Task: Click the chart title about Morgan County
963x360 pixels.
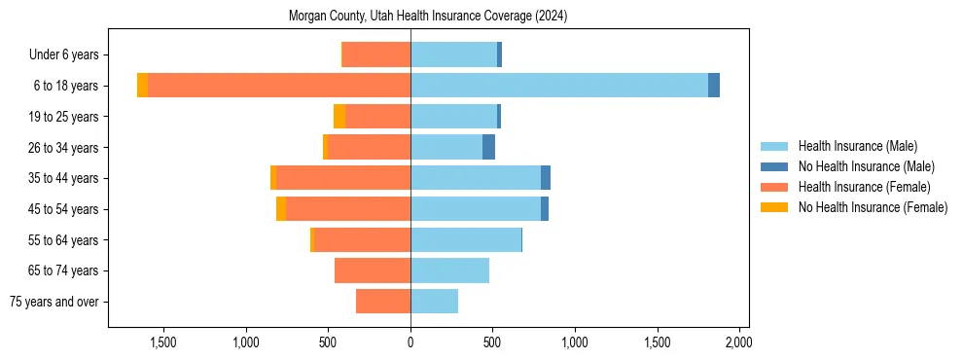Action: (428, 17)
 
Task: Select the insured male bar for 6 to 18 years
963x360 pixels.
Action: (559, 86)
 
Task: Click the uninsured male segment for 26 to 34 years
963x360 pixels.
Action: (488, 147)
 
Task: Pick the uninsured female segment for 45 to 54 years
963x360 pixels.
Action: (281, 209)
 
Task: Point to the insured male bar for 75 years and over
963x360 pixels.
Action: (434, 302)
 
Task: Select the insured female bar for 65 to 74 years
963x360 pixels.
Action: (373, 270)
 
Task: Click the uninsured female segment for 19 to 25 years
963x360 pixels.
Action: (339, 117)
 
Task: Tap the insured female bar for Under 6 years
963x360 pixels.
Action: (375, 54)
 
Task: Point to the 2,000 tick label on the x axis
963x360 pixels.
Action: (739, 342)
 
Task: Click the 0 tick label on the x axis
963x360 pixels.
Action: (410, 342)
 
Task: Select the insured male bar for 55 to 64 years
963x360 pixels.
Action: (466, 239)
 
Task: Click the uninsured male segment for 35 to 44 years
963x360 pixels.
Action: (546, 178)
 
